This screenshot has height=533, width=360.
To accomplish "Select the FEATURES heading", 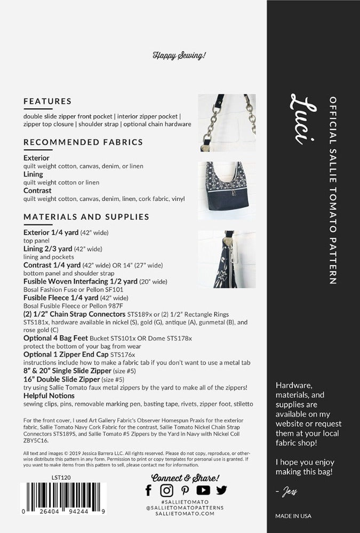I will click(47, 101).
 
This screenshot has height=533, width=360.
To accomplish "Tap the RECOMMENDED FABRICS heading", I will click(83, 142).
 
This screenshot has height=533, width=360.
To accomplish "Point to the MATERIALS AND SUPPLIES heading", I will click(86, 217).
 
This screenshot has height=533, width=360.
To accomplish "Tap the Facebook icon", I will click(149, 490).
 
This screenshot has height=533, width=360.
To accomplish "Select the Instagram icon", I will click(167, 490).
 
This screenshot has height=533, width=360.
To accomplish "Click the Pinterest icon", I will click(185, 490).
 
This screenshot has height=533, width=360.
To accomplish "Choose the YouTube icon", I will click(203, 490).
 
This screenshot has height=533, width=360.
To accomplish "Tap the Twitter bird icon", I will click(221, 490).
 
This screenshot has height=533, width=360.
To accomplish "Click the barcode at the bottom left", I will click(63, 498).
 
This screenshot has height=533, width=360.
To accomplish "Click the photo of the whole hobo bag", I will click(227, 191).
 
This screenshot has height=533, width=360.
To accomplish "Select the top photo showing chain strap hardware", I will click(227, 123).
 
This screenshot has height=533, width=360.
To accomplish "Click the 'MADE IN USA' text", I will click(293, 516).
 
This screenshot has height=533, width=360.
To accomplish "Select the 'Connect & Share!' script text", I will click(185, 478).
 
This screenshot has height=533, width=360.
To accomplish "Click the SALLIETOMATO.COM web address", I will click(185, 514).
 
